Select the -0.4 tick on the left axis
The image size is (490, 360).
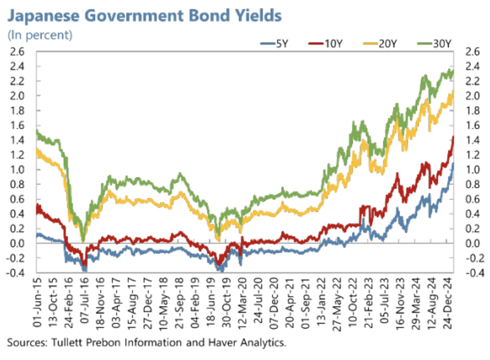15,273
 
